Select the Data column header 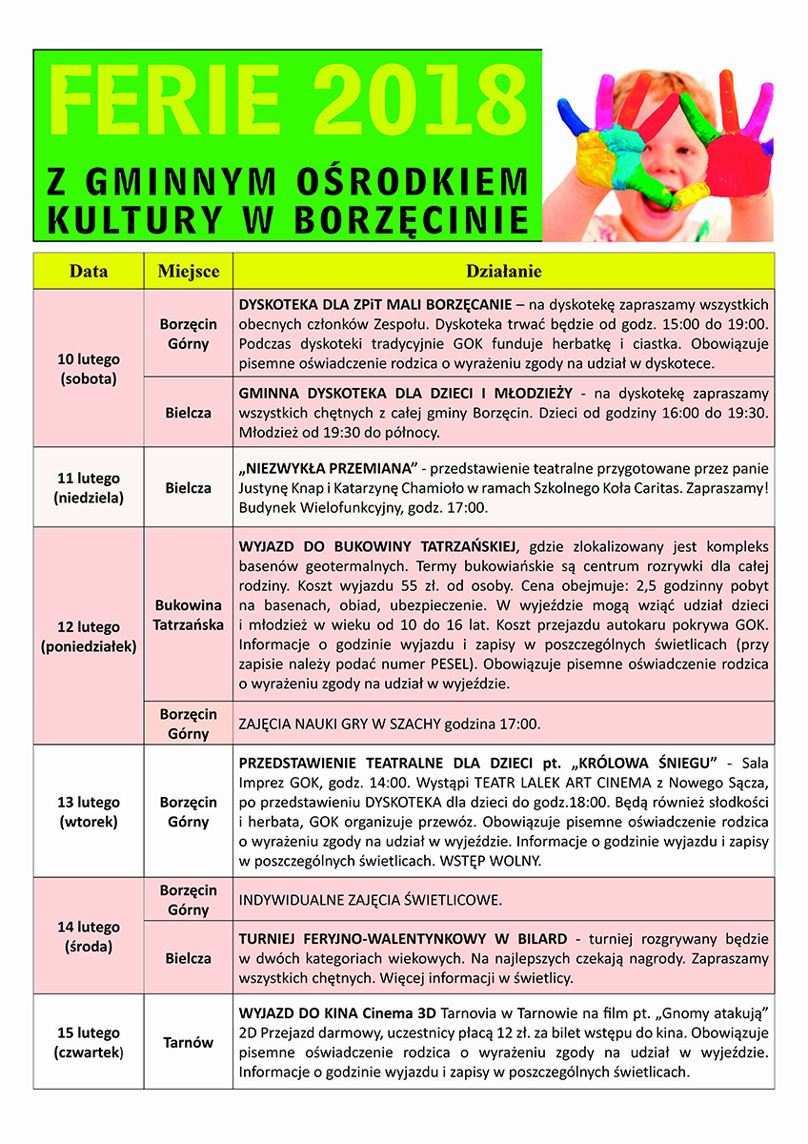pyautogui.click(x=89, y=272)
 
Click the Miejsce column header pyautogui.click(x=188, y=272)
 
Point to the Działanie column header pyautogui.click(x=503, y=272)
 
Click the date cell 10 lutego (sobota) pyautogui.click(x=89, y=368)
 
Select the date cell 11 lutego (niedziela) pyautogui.click(x=89, y=487)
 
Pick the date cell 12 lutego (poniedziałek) pyautogui.click(x=89, y=636)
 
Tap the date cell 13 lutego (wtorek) pyautogui.click(x=89, y=811)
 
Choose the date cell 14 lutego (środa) pyautogui.click(x=89, y=936)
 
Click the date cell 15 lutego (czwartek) pyautogui.click(x=89, y=1042)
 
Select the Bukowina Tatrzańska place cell pyautogui.click(x=188, y=615)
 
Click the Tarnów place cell pyautogui.click(x=188, y=1042)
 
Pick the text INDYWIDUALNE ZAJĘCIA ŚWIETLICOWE pyautogui.click(x=370, y=900)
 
